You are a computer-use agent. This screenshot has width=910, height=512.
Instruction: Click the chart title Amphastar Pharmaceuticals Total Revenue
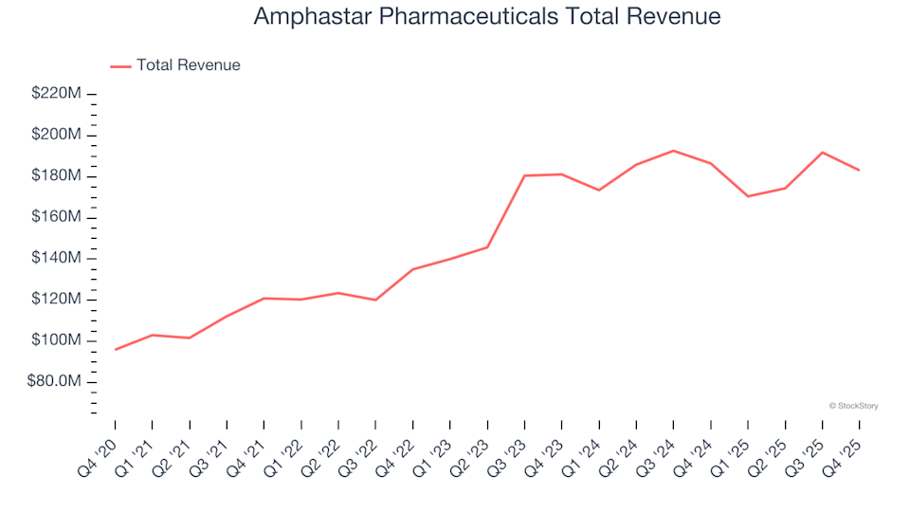click(487, 16)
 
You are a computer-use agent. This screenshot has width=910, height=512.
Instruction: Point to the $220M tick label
click(56, 94)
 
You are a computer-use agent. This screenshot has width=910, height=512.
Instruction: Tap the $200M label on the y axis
click(56, 135)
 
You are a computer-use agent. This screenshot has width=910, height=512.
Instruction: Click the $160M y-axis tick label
click(56, 217)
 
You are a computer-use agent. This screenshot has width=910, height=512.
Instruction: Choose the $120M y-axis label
click(56, 300)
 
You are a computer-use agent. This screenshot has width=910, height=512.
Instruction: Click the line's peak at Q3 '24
click(673, 151)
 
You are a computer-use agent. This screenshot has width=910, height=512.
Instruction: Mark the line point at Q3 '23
click(524, 175)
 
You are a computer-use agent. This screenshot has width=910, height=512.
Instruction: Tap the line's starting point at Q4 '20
click(116, 350)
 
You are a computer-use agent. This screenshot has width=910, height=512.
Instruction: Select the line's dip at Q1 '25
click(748, 196)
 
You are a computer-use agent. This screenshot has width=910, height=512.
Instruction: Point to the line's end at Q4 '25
click(859, 171)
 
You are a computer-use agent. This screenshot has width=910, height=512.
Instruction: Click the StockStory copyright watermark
click(853, 406)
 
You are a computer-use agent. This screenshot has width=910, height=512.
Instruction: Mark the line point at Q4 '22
click(413, 269)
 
